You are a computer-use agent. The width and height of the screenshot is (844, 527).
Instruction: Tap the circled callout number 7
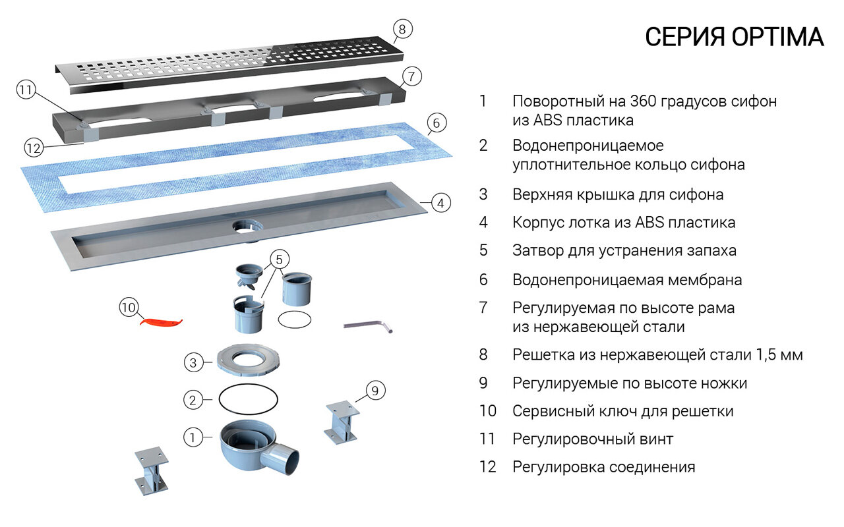pyautogui.click(x=411, y=77)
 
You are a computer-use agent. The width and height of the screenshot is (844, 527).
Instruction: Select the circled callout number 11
pyautogui.click(x=26, y=91)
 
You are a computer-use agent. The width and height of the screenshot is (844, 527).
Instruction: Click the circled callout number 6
pyautogui.click(x=437, y=123)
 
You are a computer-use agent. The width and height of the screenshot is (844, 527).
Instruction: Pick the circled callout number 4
pyautogui.click(x=441, y=203)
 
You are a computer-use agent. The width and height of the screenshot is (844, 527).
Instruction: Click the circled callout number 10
pyautogui.click(x=129, y=307)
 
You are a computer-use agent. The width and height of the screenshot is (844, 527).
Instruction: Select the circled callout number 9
pyautogui.click(x=375, y=391)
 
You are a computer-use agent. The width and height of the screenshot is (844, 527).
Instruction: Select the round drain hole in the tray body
pyautogui.click(x=247, y=226)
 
